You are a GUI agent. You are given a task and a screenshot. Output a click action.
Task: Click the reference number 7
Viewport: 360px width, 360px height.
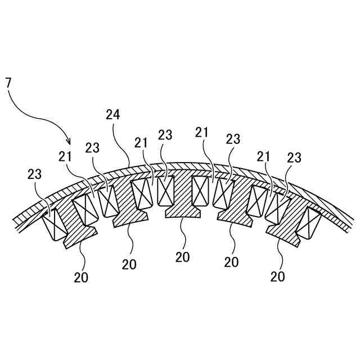click(x=8, y=83)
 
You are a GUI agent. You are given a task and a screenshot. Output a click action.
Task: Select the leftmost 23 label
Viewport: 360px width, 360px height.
click(x=34, y=174)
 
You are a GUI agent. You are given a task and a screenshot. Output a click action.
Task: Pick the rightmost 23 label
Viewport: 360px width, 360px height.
click(x=294, y=158)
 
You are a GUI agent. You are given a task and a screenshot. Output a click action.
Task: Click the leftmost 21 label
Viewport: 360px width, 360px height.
click(x=65, y=155)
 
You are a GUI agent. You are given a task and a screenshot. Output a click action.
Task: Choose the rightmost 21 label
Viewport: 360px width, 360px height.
click(x=264, y=156)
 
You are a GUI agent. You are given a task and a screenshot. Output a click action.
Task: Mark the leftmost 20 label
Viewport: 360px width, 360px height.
click(x=81, y=277)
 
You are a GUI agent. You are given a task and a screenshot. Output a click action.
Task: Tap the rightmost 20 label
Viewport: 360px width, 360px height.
click(x=277, y=276)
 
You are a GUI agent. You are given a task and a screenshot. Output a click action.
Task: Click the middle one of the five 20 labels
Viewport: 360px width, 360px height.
click(x=182, y=257)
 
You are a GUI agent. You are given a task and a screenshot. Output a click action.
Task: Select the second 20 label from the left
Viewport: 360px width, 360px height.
click(x=129, y=264)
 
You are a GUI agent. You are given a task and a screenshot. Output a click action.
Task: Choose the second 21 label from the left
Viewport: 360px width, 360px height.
click(x=141, y=143)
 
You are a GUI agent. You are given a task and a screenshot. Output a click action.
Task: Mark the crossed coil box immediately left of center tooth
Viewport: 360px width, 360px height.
click(x=165, y=191)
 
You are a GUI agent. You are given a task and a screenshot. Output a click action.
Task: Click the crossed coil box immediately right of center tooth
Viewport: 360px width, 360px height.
click(x=201, y=191)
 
